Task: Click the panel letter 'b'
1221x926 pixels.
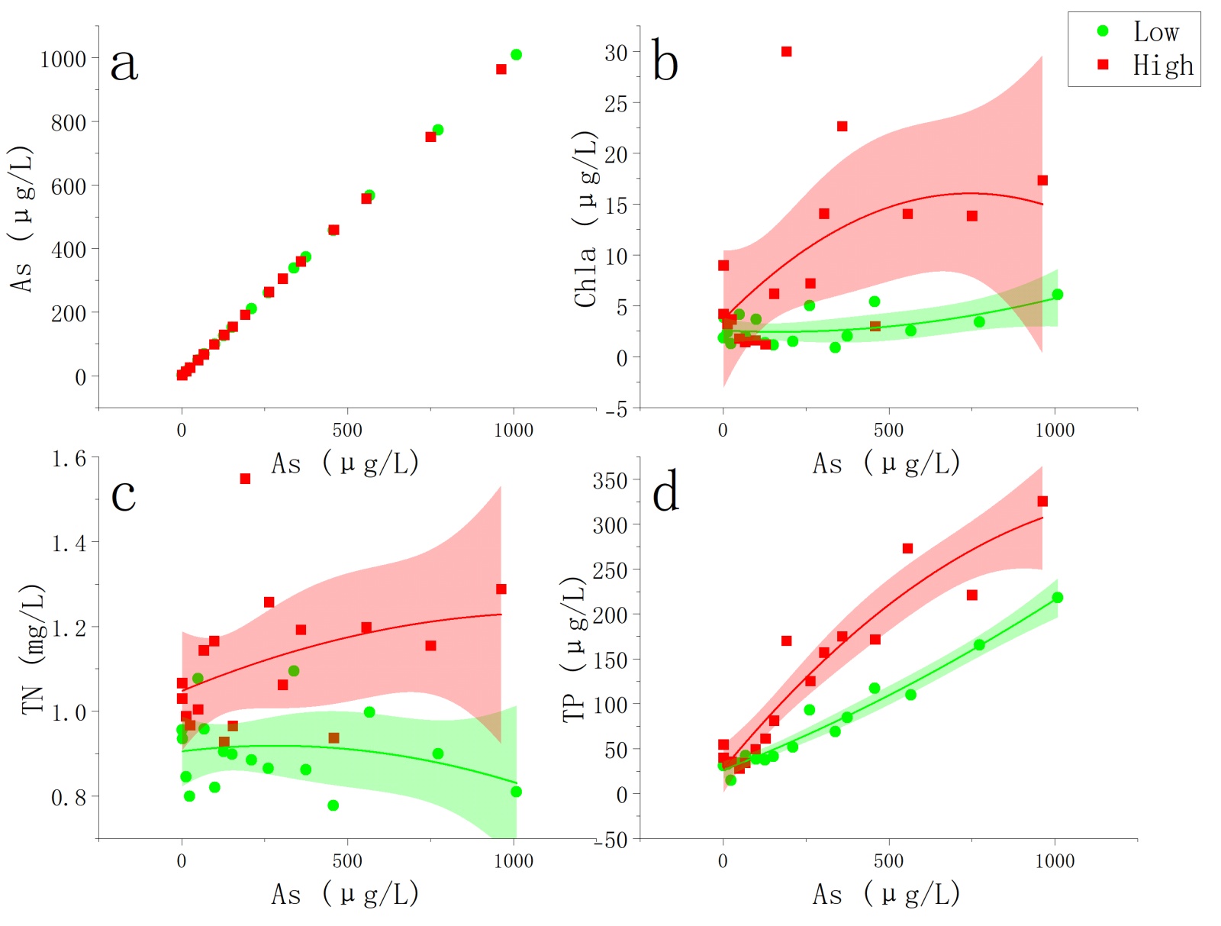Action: pos(665,61)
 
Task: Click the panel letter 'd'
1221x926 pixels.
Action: pos(665,492)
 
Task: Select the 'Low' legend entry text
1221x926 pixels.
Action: pos(1155,32)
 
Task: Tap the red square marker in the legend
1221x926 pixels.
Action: pos(1102,65)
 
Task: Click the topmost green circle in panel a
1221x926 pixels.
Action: pos(516,54)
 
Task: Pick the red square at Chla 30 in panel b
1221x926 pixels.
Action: pos(786,51)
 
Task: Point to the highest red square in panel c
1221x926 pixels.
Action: pos(245,479)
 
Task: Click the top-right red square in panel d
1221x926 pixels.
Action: pos(1042,501)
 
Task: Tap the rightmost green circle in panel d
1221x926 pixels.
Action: pos(1057,598)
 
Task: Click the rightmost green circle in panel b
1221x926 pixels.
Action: pos(1057,295)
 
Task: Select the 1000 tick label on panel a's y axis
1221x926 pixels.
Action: pos(63,59)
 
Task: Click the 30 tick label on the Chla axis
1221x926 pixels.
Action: pos(616,53)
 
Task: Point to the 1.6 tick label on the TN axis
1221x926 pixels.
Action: pos(69,459)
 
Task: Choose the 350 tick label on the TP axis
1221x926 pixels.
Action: pos(610,481)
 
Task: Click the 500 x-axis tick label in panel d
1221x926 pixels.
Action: pos(888,861)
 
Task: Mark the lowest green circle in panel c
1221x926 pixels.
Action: pos(333,805)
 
